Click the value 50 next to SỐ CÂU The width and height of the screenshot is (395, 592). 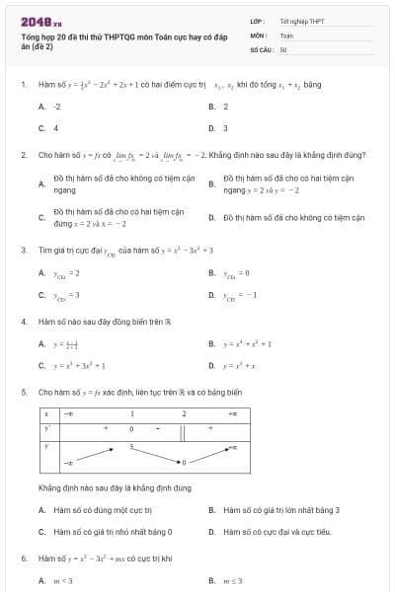283,48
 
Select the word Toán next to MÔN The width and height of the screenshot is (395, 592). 286,34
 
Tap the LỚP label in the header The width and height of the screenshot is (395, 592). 258,20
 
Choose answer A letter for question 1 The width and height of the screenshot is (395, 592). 41,106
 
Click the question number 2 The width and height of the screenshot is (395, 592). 24,155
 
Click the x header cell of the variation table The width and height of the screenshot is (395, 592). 47,414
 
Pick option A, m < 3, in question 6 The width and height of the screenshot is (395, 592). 65,580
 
